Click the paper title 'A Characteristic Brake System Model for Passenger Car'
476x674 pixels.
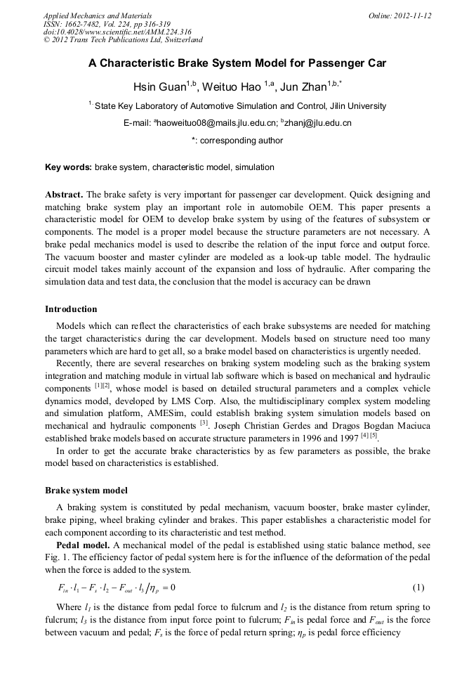pos(237,62)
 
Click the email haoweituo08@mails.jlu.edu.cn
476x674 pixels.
pos(214,123)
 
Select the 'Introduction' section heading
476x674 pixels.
pos(71,309)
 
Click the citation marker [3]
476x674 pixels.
pos(204,423)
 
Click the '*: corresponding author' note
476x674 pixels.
pos(237,141)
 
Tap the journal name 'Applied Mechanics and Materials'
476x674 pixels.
pos(98,15)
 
